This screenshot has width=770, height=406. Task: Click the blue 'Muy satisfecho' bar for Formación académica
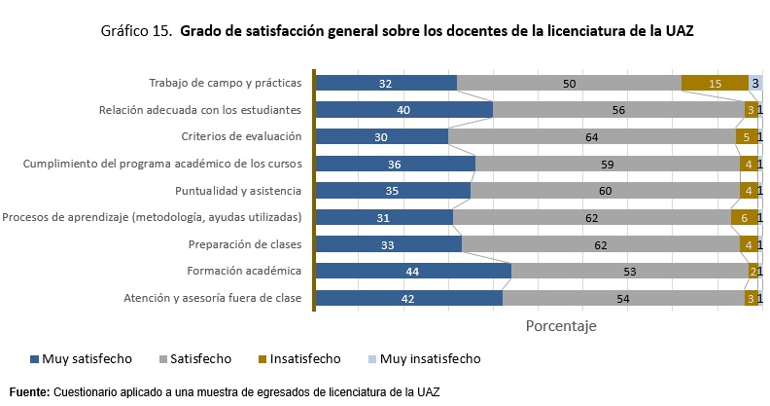[413, 271]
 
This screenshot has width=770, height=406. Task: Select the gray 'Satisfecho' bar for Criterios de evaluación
[591, 137]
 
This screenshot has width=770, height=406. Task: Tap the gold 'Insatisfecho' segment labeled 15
[715, 84]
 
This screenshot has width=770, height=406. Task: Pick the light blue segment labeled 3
[754, 84]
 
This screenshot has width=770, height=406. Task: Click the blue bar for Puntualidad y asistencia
[392, 191]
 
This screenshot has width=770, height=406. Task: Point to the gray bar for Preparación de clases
[600, 244]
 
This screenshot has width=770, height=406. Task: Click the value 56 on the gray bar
[618, 110]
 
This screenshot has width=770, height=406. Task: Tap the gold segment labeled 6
[744, 217]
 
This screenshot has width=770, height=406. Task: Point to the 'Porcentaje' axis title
[561, 325]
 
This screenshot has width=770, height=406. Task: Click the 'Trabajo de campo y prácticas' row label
[225, 84]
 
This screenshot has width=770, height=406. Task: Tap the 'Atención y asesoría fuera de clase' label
[213, 298]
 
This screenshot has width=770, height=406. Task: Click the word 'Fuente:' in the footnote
[29, 391]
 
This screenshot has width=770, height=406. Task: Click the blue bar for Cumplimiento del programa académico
[394, 164]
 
